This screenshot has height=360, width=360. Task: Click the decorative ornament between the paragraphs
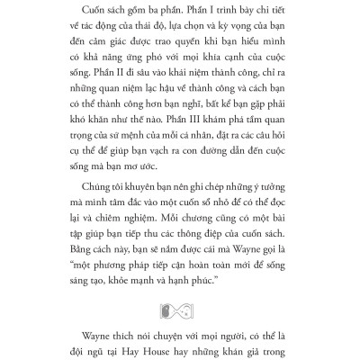181,286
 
